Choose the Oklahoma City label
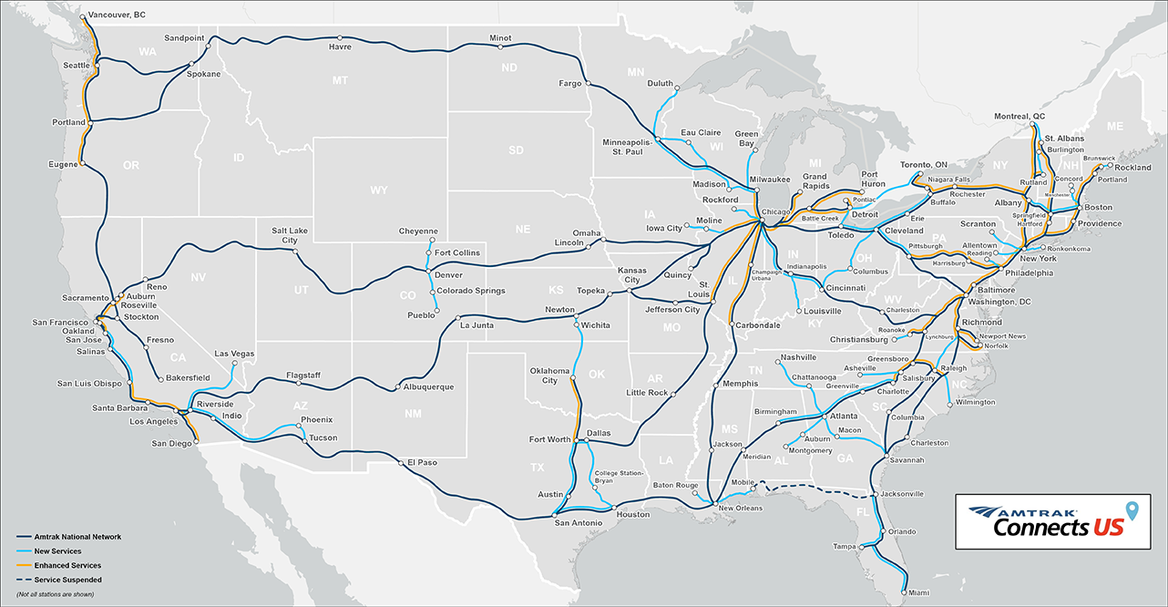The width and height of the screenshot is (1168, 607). pos(549,376)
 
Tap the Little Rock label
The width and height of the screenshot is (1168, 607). pos(647,393)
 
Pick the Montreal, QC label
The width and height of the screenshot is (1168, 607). pos(1019,117)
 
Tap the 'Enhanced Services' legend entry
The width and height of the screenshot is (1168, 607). pos(67,565)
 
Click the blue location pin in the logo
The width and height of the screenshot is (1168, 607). pos(1132,510)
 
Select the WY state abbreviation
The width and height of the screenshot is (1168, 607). pos(378,190)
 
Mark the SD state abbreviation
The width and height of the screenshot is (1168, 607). pos(516,149)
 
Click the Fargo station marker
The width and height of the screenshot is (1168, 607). pos(587,85)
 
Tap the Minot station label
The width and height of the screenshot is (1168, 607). pos(500,38)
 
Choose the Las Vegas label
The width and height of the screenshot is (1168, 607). pos(235,354)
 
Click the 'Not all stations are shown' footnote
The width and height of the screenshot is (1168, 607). pos(55,594)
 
